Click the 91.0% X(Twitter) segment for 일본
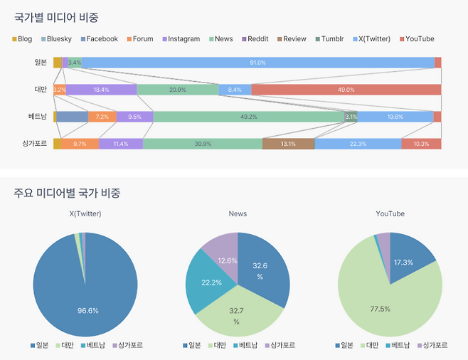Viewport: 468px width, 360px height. click(257, 63)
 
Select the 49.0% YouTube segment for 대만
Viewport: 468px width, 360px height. click(346, 90)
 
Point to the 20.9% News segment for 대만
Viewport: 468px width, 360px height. click(177, 90)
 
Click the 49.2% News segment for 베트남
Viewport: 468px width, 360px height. click(248, 117)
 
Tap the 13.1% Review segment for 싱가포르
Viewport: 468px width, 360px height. click(288, 144)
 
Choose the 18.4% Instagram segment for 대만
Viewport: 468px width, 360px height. click(101, 90)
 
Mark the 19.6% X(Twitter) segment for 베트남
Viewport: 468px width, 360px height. click(395, 117)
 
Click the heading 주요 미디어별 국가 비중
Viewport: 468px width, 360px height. click(67, 193)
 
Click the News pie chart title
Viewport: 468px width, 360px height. click(238, 213)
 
